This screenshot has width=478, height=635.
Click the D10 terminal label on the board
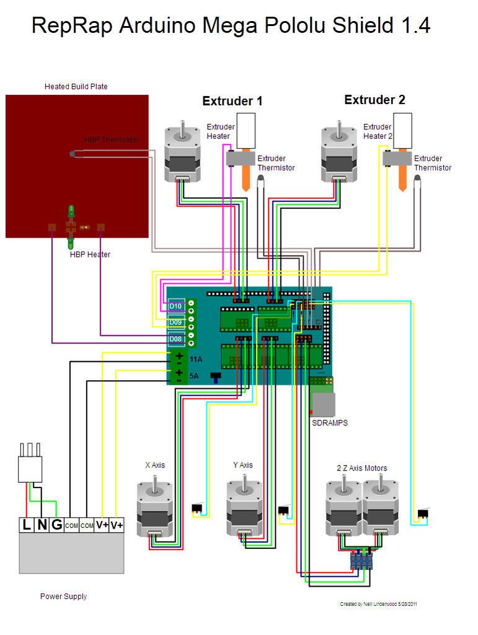pos(175,306)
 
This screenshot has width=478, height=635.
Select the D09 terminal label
pos(175,322)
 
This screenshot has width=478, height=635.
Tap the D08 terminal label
pos(175,339)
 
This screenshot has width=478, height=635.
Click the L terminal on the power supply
pos(27,525)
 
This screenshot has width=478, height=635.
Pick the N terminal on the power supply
pos(42,525)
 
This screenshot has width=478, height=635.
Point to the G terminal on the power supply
pos(56,525)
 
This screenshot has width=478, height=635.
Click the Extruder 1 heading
pos(232,101)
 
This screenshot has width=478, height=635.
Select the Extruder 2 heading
pos(374,100)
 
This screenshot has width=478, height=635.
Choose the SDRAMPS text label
pos(329,423)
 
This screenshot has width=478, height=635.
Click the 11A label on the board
pos(196,359)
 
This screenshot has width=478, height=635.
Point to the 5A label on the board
pos(193,376)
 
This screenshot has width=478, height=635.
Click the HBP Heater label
pos(90,254)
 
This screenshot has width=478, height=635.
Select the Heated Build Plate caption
pos(76,87)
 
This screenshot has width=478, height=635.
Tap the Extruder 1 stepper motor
pos(182,155)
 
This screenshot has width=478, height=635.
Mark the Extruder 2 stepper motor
pos(339,155)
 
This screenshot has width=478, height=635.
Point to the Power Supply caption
pos(63,597)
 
